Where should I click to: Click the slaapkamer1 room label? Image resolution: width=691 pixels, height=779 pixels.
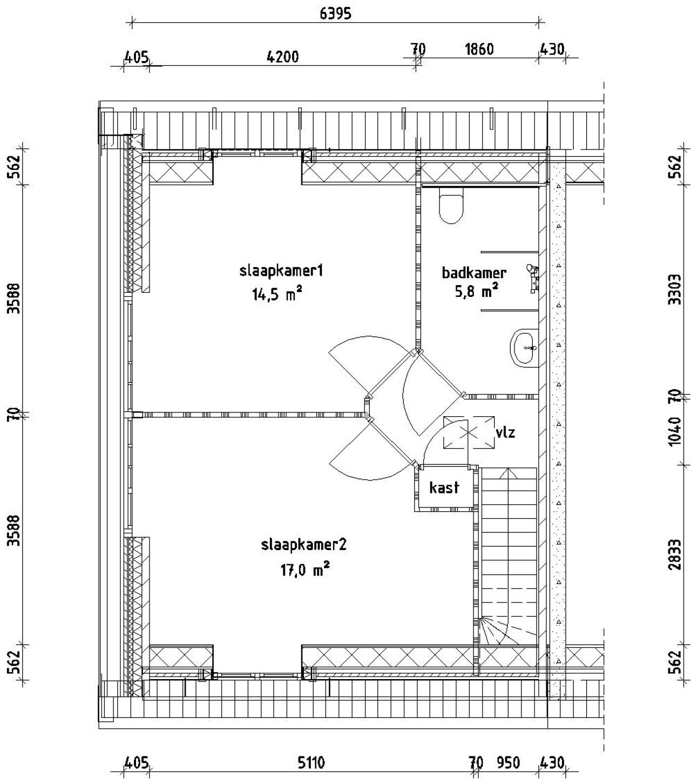281,270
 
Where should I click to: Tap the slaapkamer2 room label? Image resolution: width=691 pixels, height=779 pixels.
303,545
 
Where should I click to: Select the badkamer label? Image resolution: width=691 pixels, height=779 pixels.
474,273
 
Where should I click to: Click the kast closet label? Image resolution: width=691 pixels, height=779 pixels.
444,487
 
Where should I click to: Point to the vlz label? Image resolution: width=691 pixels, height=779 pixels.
505,432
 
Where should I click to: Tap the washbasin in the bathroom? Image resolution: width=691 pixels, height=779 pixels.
523,348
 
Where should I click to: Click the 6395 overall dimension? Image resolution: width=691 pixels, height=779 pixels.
335,14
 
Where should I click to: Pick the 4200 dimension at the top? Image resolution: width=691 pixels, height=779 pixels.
283,56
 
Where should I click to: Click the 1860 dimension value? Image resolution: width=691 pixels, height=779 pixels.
479,50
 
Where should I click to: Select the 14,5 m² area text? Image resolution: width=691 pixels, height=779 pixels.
276,294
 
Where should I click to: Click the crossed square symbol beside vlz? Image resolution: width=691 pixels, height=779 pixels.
469,432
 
